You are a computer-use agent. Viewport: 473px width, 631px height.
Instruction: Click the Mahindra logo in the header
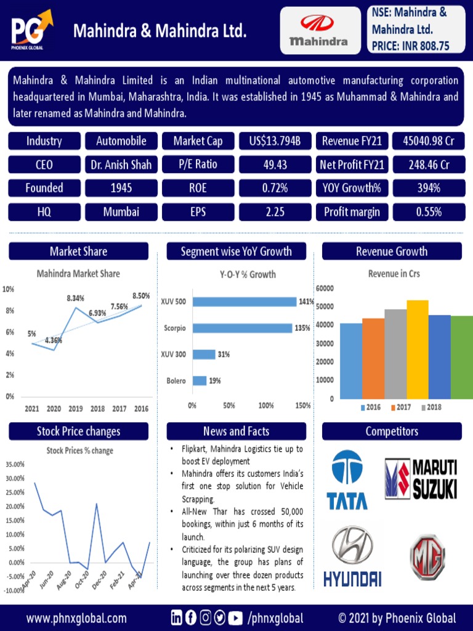[320, 31]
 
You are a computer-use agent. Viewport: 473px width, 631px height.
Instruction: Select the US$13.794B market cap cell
[275, 141]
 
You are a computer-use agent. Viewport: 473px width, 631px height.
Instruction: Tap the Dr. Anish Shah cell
[121, 165]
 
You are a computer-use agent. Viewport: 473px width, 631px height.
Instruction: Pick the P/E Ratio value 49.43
[275, 165]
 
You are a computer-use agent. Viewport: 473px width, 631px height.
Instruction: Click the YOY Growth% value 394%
[428, 188]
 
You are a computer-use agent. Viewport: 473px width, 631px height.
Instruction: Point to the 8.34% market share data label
[76, 298]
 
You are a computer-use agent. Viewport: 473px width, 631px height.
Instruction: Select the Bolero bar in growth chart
[200, 381]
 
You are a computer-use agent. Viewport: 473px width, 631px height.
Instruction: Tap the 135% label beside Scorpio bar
[302, 328]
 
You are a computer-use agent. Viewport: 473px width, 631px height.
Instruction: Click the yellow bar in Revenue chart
[417, 349]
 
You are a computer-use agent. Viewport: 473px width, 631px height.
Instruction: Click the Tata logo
[347, 480]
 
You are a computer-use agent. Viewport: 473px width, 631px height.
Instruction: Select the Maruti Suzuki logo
[421, 479]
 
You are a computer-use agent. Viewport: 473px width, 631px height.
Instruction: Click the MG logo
[427, 557]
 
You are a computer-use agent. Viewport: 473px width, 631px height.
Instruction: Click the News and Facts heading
[236, 431]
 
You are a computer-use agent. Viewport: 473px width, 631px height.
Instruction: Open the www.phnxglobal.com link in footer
[77, 618]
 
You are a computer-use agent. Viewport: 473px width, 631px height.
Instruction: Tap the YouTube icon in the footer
[235, 618]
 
